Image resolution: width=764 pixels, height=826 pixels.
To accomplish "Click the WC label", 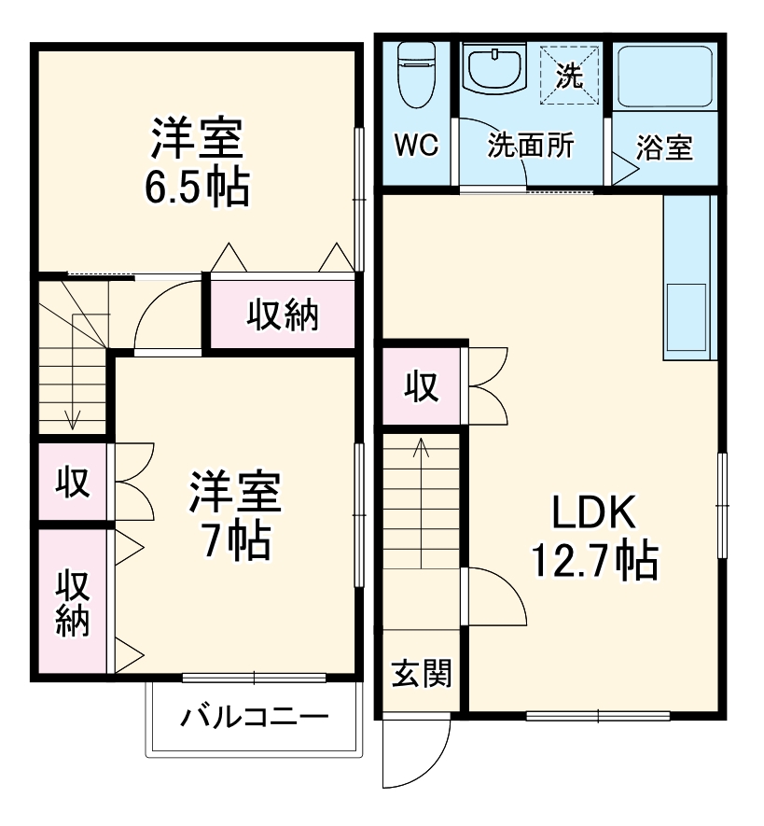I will point(416,146).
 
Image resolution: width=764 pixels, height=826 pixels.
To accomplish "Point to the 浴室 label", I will point(664,147).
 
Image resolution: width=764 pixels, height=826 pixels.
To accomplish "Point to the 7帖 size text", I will point(238,539).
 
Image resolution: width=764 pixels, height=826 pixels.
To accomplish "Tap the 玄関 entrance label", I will point(422,672).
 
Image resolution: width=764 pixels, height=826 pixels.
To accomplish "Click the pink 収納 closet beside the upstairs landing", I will point(282,315).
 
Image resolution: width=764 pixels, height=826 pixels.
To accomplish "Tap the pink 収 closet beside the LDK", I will point(422,385).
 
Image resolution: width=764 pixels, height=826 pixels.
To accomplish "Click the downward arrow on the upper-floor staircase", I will point(72,420).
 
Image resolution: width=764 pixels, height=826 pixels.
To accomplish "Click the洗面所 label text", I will point(532,146).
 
